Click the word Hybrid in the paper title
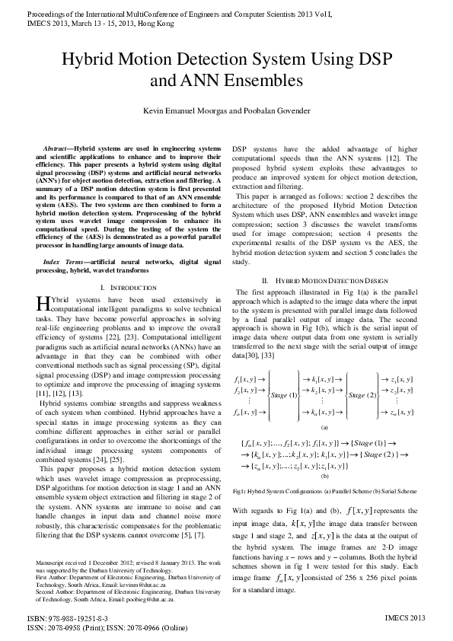click(89, 61)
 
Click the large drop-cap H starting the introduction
click(43, 303)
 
